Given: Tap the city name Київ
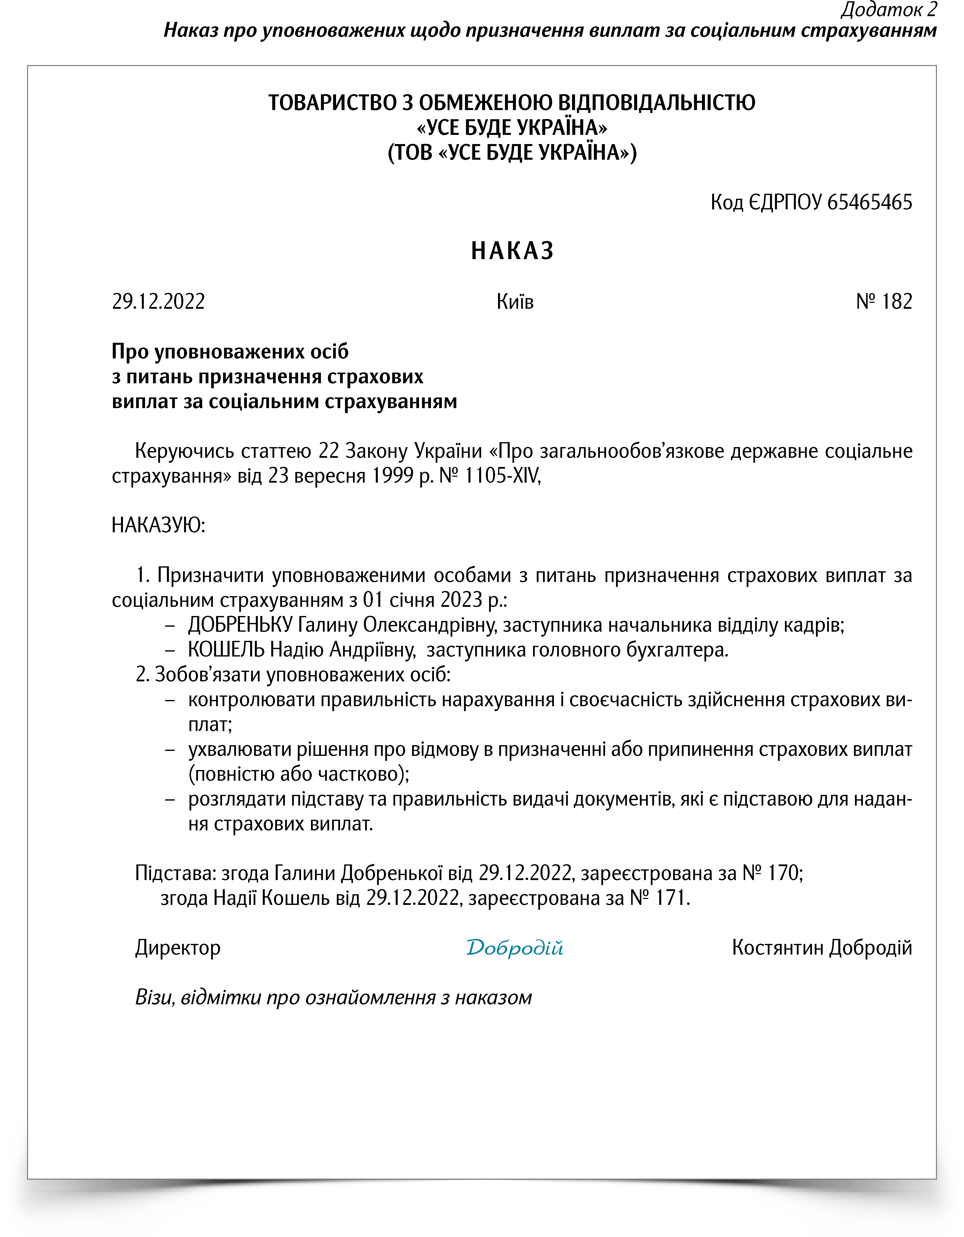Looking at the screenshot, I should (x=515, y=301).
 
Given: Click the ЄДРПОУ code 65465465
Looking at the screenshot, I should (x=869, y=202).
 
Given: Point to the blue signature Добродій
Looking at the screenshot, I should (x=514, y=948).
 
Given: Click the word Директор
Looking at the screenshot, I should (x=178, y=948).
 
